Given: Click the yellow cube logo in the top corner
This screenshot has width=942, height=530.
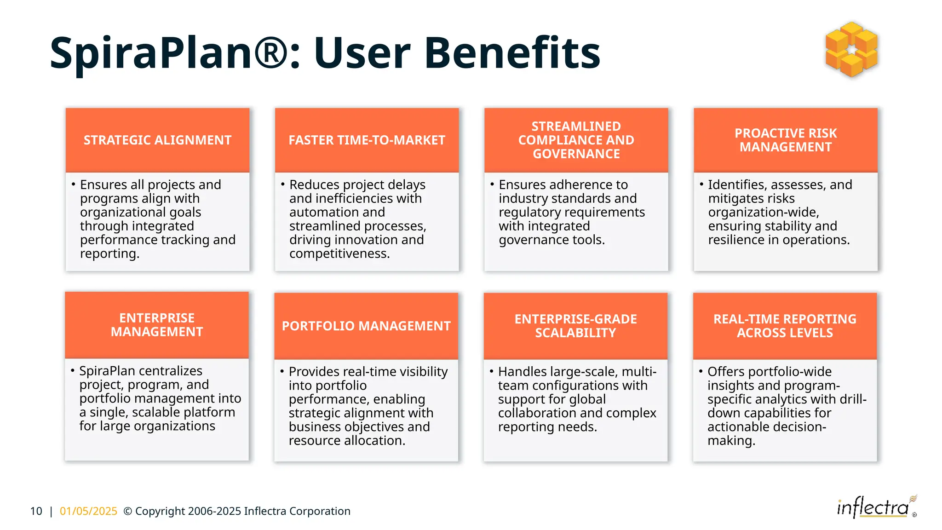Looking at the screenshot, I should click(x=851, y=49).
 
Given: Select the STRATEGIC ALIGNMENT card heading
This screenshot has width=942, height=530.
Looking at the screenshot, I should click(x=157, y=140).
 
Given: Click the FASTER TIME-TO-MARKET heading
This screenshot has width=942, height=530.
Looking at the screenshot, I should click(x=367, y=140).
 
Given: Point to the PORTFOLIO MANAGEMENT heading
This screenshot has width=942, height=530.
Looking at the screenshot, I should click(x=366, y=326).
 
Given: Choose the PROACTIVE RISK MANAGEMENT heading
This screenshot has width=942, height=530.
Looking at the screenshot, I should click(x=786, y=140).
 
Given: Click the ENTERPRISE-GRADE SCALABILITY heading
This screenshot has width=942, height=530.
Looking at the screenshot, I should click(x=575, y=326).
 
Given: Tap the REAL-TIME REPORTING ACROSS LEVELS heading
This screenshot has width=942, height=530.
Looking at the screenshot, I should click(x=785, y=326).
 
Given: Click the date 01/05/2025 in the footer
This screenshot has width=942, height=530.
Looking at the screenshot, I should click(x=88, y=511).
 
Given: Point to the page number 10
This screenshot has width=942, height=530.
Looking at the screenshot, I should click(x=36, y=511).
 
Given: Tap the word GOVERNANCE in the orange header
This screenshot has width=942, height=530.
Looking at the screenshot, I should click(x=576, y=154).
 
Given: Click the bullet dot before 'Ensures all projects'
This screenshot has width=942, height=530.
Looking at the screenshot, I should click(x=73, y=184).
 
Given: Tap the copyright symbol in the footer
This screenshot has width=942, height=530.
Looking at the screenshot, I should click(x=128, y=511).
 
